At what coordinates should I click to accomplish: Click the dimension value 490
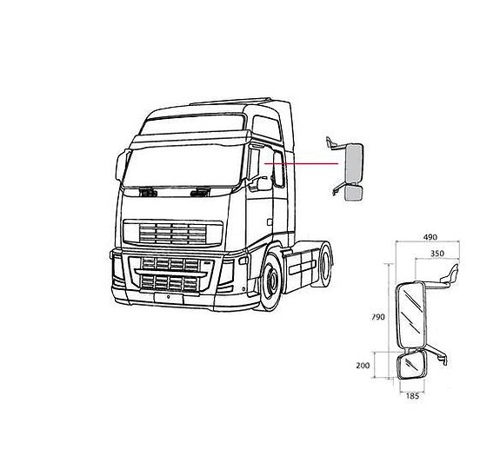point(430,237)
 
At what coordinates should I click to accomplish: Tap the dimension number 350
point(437,254)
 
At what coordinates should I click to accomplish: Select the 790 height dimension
point(378,317)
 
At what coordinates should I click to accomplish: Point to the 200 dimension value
point(363,366)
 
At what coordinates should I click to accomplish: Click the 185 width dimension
point(412,396)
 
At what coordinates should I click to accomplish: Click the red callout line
point(302,163)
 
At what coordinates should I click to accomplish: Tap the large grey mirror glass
point(354,164)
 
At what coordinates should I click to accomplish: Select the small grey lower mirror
point(354,194)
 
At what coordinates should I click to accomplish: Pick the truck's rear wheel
point(323,264)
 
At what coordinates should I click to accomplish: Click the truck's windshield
point(183,166)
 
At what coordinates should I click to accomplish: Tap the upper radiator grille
point(173,233)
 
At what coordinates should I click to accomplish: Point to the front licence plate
point(169,299)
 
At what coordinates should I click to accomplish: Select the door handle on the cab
point(270,222)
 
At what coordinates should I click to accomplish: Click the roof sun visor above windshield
point(190,140)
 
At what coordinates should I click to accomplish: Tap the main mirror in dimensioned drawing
point(410,314)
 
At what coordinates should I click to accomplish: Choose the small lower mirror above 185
point(411,365)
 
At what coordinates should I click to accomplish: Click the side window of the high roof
point(267,128)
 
